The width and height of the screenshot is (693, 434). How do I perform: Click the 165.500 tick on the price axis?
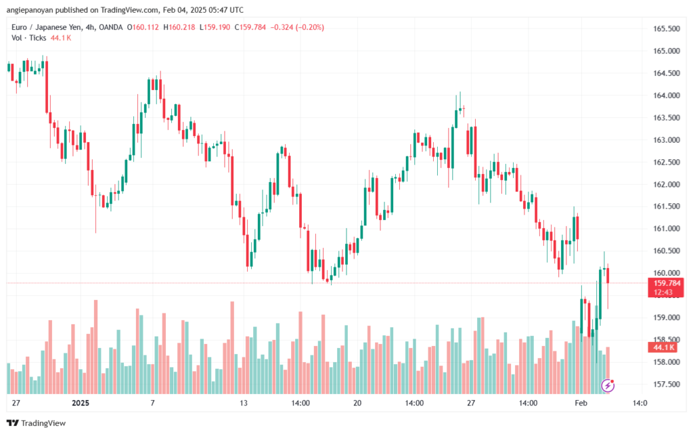667,29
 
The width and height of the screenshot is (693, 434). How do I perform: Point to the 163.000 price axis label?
667,140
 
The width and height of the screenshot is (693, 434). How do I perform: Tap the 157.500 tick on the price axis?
667,385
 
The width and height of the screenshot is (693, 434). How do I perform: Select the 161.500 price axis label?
667,207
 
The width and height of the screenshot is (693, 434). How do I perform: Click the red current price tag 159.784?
667,283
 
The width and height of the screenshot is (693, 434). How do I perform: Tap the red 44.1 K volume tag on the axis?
665,347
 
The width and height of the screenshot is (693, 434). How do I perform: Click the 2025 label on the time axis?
81,403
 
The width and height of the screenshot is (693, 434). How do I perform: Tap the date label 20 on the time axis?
357,403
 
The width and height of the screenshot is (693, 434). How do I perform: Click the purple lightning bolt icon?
608,385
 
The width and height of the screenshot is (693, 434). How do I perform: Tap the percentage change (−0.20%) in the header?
307,27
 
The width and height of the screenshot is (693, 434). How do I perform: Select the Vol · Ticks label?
28,38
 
